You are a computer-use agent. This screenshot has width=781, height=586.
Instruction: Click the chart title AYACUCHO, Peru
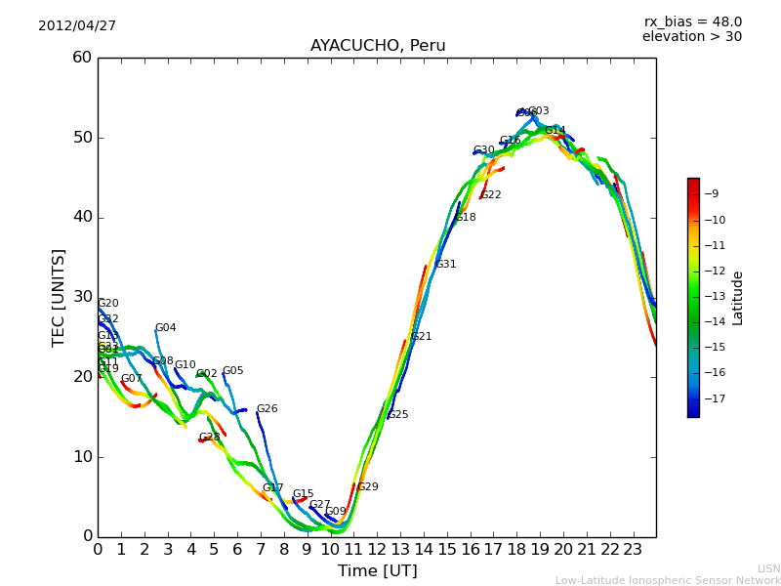(378, 46)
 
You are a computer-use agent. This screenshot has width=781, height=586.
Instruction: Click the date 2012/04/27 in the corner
(77, 25)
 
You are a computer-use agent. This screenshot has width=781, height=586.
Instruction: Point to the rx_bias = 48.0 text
(692, 21)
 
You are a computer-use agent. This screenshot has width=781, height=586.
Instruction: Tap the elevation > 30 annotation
(691, 37)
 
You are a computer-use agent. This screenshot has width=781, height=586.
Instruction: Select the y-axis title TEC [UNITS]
(59, 297)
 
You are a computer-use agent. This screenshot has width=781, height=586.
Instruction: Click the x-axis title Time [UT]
(377, 571)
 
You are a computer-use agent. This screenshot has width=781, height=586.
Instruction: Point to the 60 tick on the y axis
(82, 58)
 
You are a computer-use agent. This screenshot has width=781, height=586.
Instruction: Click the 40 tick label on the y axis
(82, 217)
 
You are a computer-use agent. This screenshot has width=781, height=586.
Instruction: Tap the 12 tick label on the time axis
(377, 549)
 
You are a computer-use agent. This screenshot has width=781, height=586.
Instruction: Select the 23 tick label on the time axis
(633, 549)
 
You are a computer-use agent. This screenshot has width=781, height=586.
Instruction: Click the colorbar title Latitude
(738, 297)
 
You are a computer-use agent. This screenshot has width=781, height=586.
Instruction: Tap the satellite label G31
(446, 265)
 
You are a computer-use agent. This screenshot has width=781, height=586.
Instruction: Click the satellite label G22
(491, 195)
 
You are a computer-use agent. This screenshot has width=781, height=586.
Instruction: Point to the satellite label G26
(267, 409)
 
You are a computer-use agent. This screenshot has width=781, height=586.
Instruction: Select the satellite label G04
(166, 328)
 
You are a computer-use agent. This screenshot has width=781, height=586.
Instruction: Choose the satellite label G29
(368, 487)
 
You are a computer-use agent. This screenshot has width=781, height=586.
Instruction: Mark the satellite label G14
(555, 131)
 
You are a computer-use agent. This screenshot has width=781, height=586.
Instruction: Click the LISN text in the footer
(768, 568)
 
